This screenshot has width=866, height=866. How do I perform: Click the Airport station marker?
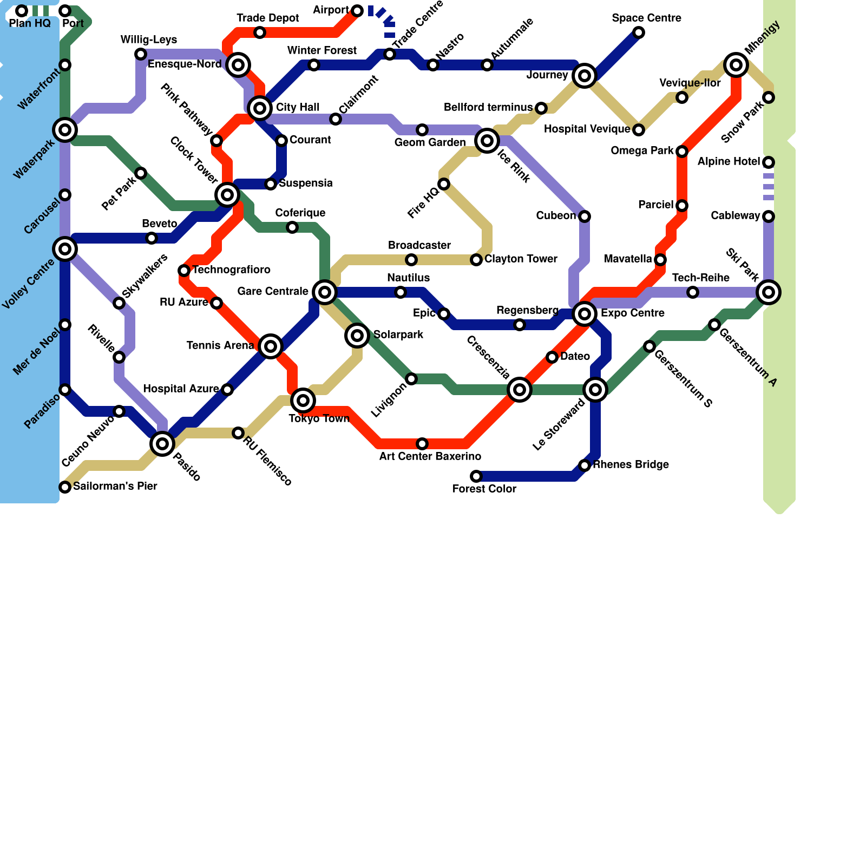coord(357,11)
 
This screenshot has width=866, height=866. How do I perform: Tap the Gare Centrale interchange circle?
coord(325,292)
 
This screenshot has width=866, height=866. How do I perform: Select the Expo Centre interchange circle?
coord(585,314)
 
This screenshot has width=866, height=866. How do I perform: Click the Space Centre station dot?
coord(639,32)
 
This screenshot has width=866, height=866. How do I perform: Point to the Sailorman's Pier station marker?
coord(65,487)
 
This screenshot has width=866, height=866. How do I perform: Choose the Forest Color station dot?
coord(476,476)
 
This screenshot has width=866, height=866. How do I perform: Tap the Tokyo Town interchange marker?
coord(303,401)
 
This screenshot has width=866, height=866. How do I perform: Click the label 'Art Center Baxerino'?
coord(430,456)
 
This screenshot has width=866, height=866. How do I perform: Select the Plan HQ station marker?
coord(22,11)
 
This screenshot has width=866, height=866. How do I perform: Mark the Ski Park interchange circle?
coord(769,292)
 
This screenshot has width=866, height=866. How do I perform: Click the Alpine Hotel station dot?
coord(769,162)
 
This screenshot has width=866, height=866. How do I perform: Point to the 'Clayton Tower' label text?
coord(521,259)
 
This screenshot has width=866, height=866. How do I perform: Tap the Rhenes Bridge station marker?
coord(585,465)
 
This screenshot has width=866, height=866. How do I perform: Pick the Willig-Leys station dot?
coord(141,54)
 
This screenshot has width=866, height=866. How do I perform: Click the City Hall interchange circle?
coord(260,108)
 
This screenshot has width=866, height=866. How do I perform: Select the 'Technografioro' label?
coord(232,270)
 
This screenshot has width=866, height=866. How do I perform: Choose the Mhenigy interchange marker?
coord(736,65)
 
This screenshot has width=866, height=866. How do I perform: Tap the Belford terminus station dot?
coord(541,108)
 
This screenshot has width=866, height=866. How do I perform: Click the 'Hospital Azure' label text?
coord(181,389)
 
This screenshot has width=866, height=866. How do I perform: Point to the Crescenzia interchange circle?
coord(520,390)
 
